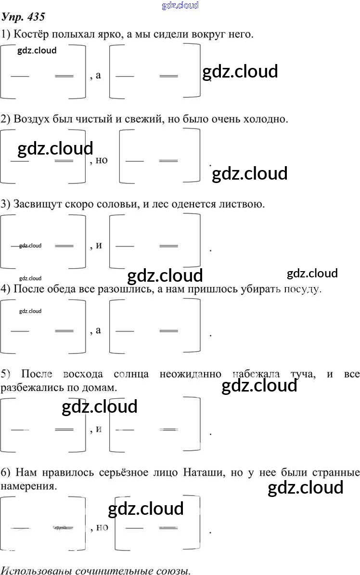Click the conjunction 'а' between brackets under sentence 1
click(x=99, y=76)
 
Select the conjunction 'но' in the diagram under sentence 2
click(x=102, y=160)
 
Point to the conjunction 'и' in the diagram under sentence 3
click(x=99, y=246)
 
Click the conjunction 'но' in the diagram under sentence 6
click(x=102, y=527)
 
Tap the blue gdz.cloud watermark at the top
click(x=180, y=6)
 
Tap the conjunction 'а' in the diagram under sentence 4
click(x=99, y=330)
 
